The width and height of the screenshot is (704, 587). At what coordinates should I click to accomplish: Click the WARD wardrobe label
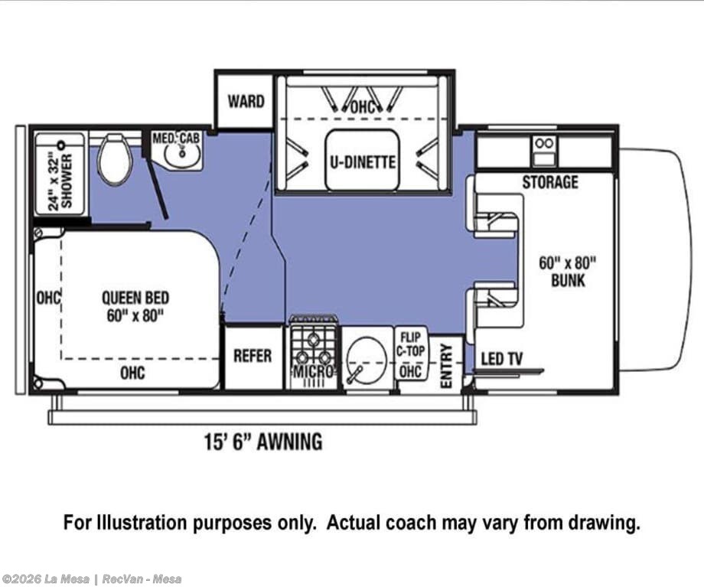pos(246,102)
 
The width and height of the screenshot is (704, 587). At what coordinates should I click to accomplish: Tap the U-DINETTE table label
pos(363,161)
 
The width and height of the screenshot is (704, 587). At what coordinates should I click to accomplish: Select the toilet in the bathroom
pos(116,159)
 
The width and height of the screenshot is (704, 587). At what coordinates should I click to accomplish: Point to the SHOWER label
pos(67,181)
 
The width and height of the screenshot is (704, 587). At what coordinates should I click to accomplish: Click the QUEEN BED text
pos(135,298)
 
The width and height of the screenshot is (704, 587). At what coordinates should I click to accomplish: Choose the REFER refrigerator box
pos(253,357)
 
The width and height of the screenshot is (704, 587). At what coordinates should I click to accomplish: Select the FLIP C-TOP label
pos(410,344)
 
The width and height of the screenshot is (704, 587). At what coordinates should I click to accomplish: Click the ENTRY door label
pos(446,366)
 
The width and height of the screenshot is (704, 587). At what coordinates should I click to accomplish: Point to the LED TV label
pos(501,359)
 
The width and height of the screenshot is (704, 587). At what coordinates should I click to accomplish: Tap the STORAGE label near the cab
pos(549,182)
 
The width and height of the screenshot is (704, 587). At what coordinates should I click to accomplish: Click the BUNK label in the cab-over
pos(568,281)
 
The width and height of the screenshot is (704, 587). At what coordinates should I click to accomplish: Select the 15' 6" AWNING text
pos(263,442)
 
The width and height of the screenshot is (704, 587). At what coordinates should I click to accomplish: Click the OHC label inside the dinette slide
pos(362,107)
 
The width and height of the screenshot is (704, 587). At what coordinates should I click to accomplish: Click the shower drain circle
pos(60,145)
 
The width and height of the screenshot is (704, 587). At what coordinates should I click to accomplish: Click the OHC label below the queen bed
pos(132,373)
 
